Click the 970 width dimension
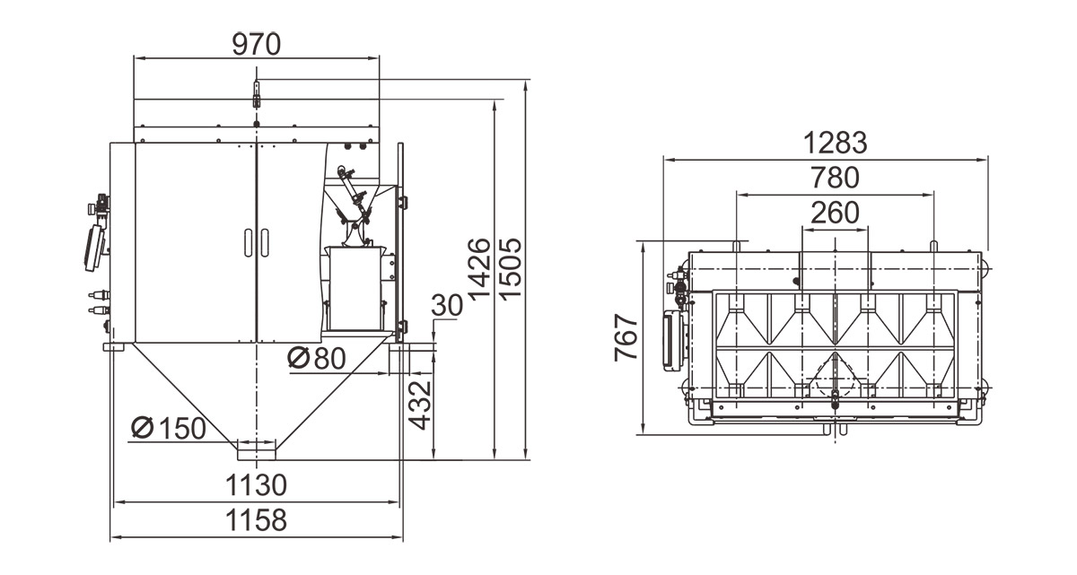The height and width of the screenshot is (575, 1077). [x=257, y=45]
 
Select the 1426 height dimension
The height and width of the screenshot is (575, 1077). [x=479, y=269]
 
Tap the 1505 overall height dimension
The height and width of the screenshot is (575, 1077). [x=510, y=269]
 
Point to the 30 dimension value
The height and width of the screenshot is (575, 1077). [x=447, y=305]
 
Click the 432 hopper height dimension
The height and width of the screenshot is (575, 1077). [x=420, y=405]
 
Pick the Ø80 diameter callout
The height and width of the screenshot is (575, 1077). [x=317, y=358]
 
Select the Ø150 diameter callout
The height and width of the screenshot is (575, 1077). [x=169, y=428]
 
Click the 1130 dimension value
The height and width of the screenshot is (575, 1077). [x=257, y=485]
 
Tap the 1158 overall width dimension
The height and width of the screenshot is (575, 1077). [x=257, y=520]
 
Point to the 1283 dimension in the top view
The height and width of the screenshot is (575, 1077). [x=836, y=144]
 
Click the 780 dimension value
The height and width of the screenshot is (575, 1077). [x=836, y=178]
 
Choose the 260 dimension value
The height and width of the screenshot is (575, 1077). [x=836, y=213]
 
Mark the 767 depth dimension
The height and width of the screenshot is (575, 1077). [x=627, y=337]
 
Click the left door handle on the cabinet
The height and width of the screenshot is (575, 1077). [x=249, y=242]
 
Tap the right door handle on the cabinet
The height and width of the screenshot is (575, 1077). [x=265, y=242]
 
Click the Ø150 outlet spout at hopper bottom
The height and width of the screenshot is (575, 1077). [x=257, y=450]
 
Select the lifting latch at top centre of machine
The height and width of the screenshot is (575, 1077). [x=257, y=94]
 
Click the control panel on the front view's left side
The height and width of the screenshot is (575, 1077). [x=94, y=248]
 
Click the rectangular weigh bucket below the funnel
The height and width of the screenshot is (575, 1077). [x=355, y=289]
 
